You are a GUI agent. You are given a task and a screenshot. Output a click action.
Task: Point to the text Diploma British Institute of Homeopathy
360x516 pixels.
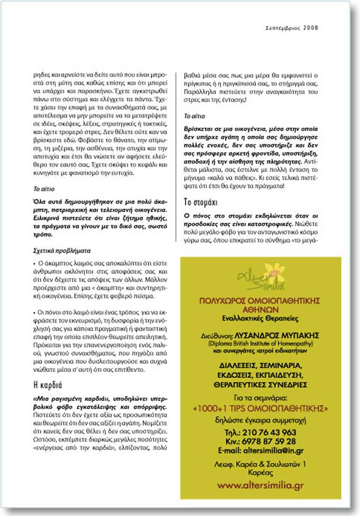tap(260, 343)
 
